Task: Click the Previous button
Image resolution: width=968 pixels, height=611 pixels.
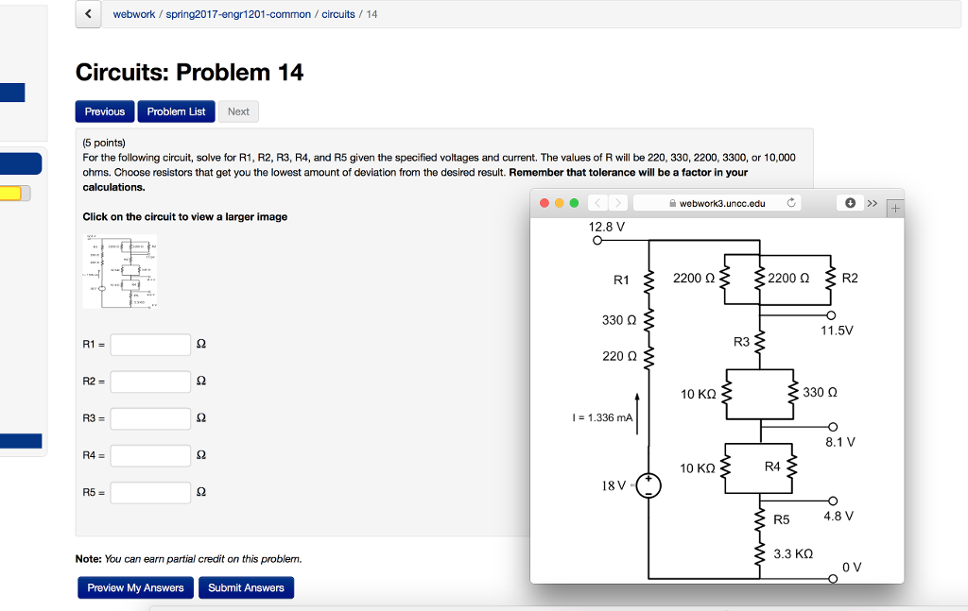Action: tap(105, 111)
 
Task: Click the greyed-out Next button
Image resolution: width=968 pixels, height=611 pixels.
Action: tap(238, 111)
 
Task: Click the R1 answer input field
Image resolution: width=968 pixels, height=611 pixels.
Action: tap(150, 345)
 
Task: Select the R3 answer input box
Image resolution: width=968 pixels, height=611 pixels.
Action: tap(150, 418)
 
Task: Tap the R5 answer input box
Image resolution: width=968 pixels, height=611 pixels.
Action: tap(150, 492)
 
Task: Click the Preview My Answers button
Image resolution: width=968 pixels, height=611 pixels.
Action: tap(135, 587)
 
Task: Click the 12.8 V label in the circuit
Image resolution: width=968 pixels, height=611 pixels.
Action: tap(606, 227)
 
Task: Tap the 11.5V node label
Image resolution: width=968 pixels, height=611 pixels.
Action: tap(837, 331)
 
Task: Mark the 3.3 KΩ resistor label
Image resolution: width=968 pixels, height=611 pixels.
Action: tap(792, 553)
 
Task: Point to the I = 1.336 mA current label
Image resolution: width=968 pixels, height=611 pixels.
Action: tap(602, 417)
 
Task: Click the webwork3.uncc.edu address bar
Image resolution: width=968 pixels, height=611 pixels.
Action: tap(718, 203)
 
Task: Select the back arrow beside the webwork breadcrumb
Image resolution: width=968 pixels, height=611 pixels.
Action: tap(89, 14)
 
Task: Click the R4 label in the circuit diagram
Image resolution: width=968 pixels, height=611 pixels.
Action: tap(772, 466)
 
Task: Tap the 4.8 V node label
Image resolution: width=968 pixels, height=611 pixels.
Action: tap(838, 516)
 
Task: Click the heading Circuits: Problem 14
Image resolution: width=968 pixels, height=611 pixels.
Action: tap(189, 73)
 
